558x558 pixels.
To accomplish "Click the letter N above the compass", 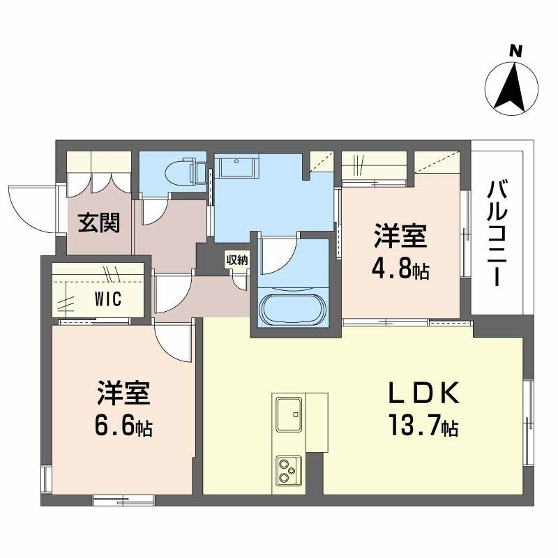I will [x=515, y=50].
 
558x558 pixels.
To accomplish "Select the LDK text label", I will [x=423, y=394].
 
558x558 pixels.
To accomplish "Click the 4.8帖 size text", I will [x=400, y=269].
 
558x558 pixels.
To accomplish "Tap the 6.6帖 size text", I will [x=123, y=425].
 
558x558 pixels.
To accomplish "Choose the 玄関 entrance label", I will [x=98, y=223].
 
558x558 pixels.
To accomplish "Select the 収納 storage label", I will [x=236, y=260].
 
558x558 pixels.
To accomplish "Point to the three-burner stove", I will [x=288, y=470].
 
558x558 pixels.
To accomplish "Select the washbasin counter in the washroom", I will [x=237, y=168].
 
